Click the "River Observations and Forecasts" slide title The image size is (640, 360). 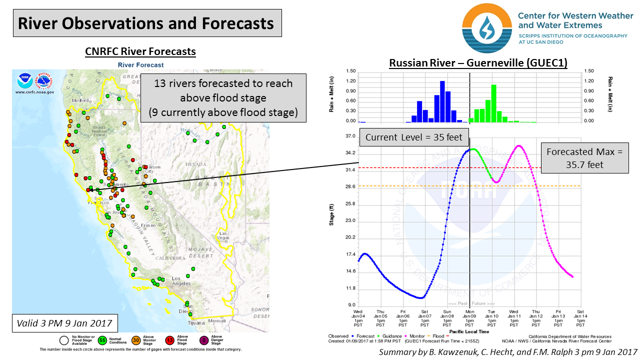[146, 24]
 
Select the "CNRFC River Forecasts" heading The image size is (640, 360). [140, 51]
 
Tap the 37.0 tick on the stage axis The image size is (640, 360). [350, 136]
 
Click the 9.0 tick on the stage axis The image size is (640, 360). [351, 305]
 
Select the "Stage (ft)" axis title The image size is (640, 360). [332, 215]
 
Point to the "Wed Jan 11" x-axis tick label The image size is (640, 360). [514, 316]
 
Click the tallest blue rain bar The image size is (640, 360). [442, 101]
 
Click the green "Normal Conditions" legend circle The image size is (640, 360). [103, 340]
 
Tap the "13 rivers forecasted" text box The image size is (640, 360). [223, 98]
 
